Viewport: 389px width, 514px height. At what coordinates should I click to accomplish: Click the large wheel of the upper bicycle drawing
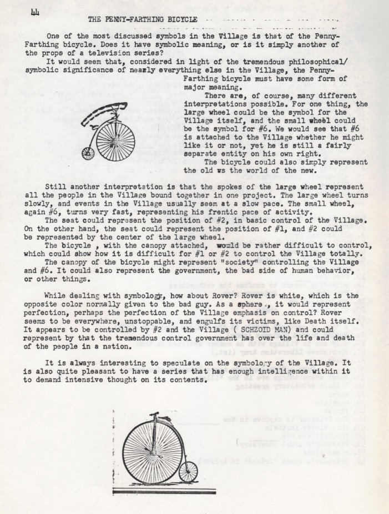coord(115,142)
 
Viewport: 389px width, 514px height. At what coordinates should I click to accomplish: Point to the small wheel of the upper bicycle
coord(88,153)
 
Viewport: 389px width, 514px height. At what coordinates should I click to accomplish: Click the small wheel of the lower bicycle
coord(188,472)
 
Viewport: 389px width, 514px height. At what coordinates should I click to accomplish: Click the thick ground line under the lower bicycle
coord(164,492)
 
